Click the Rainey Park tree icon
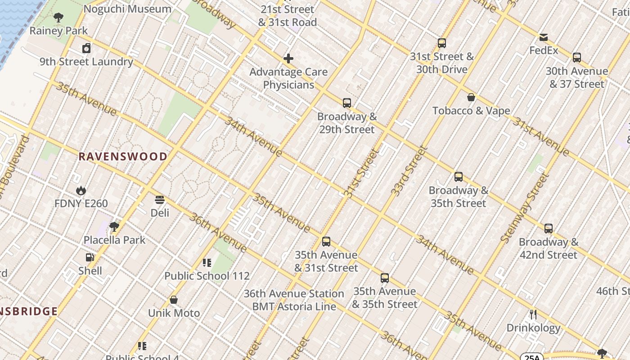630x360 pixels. pos(58,18)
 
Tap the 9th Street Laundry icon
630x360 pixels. pos(86,48)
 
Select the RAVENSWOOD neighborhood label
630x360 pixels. pos(123,157)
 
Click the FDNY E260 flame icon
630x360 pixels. pos(81,190)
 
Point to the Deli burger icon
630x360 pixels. pos(160,199)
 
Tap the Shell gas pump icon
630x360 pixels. pos(90,257)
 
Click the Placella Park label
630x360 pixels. pos(114,240)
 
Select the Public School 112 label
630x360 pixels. pos(207,276)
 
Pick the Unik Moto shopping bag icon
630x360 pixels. pos(174,300)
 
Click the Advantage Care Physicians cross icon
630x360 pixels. pos(288,58)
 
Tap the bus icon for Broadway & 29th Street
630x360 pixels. pos(346,103)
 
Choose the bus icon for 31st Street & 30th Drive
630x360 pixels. pos(442,43)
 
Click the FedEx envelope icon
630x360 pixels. pos(544,37)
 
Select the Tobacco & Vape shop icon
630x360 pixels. pos(471,97)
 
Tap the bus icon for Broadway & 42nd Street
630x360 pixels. pos(548,229)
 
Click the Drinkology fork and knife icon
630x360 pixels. pos(533,314)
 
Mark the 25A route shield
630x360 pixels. pos(531,357)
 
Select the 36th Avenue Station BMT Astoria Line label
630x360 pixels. pos(294,300)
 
